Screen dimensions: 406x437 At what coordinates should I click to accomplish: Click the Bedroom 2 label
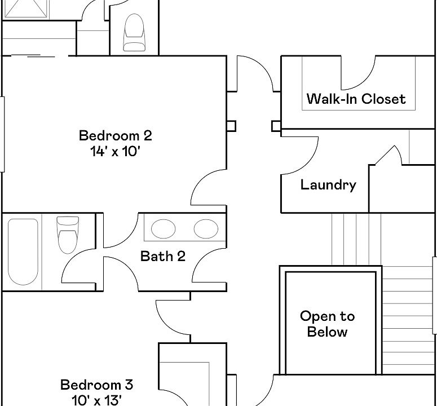click(115, 136)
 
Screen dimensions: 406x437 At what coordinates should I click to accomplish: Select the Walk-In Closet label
click(356, 99)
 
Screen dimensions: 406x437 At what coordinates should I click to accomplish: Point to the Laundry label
click(328, 185)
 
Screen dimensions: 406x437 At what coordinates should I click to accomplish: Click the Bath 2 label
click(162, 257)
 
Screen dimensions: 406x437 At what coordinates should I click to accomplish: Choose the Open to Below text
click(327, 324)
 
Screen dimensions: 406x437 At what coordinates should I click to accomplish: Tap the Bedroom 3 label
click(96, 385)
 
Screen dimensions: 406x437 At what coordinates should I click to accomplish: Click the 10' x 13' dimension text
click(96, 400)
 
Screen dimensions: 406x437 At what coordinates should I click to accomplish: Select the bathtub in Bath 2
click(23, 251)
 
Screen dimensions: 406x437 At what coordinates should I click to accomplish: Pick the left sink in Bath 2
click(163, 228)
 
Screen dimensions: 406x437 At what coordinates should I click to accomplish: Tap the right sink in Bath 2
click(205, 228)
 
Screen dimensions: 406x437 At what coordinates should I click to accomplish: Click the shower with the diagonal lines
click(25, 9)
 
